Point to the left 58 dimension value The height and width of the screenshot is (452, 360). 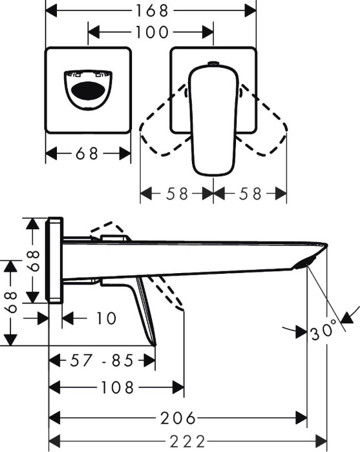point(176,194)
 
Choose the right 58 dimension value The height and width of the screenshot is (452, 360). point(250,194)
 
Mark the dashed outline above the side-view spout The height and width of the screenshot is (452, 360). point(107,231)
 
